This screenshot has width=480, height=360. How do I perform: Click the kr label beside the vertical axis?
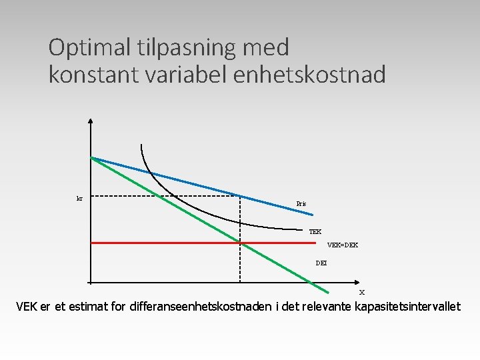tap(79, 198)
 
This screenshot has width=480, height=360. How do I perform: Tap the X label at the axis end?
tap(362, 292)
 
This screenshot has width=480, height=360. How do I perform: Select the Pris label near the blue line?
tap(302, 203)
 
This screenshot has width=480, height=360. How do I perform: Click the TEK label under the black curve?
tap(315, 231)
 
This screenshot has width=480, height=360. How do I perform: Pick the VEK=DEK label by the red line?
tap(343, 245)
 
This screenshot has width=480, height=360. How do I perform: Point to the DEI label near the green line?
tap(321, 263)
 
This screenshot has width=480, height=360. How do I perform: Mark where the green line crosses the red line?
tap(245, 243)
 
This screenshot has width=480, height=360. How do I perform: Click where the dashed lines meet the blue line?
tap(240, 195)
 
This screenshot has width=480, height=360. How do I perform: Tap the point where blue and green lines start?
tap(91, 157)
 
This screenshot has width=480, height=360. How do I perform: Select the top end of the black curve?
tap(141, 145)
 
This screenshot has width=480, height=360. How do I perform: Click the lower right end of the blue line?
tap(312, 215)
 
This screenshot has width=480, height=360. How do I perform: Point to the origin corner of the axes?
tap(91, 283)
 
